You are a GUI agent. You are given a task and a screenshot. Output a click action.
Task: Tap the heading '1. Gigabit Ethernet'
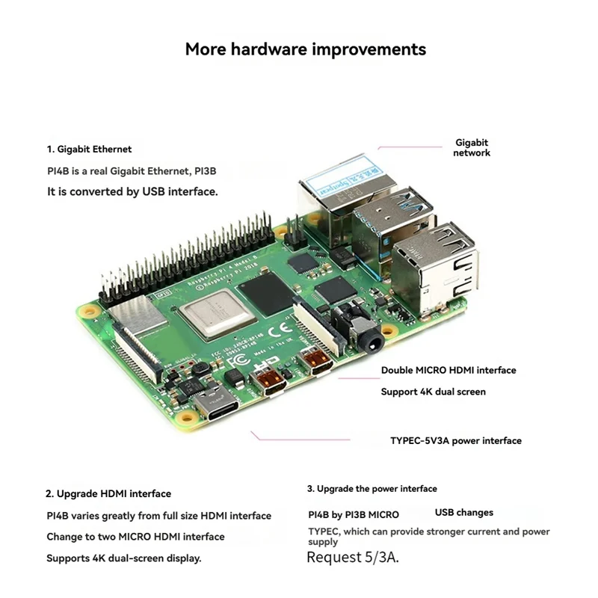pyautogui.click(x=90, y=149)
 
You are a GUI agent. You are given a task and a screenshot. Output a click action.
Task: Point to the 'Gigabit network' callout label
pyautogui.click(x=472, y=147)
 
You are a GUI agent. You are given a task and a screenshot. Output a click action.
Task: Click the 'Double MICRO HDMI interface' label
pyautogui.click(x=449, y=370)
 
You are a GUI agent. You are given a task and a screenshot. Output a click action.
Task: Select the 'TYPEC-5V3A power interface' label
pyautogui.click(x=456, y=440)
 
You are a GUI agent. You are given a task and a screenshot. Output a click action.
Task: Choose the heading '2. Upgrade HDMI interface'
pyautogui.click(x=109, y=493)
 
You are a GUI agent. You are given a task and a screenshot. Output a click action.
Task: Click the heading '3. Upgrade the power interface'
pyautogui.click(x=372, y=489)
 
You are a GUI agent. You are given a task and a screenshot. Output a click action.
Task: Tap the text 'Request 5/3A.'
pyautogui.click(x=353, y=558)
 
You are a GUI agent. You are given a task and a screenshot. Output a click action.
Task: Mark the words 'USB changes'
pyautogui.click(x=464, y=513)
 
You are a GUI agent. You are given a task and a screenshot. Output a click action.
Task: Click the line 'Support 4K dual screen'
pyautogui.click(x=434, y=392)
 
